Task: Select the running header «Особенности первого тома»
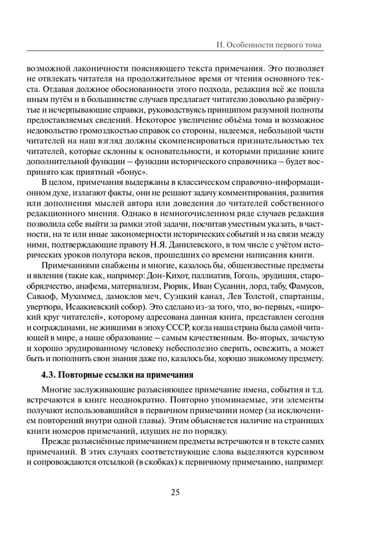[x=274, y=45]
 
